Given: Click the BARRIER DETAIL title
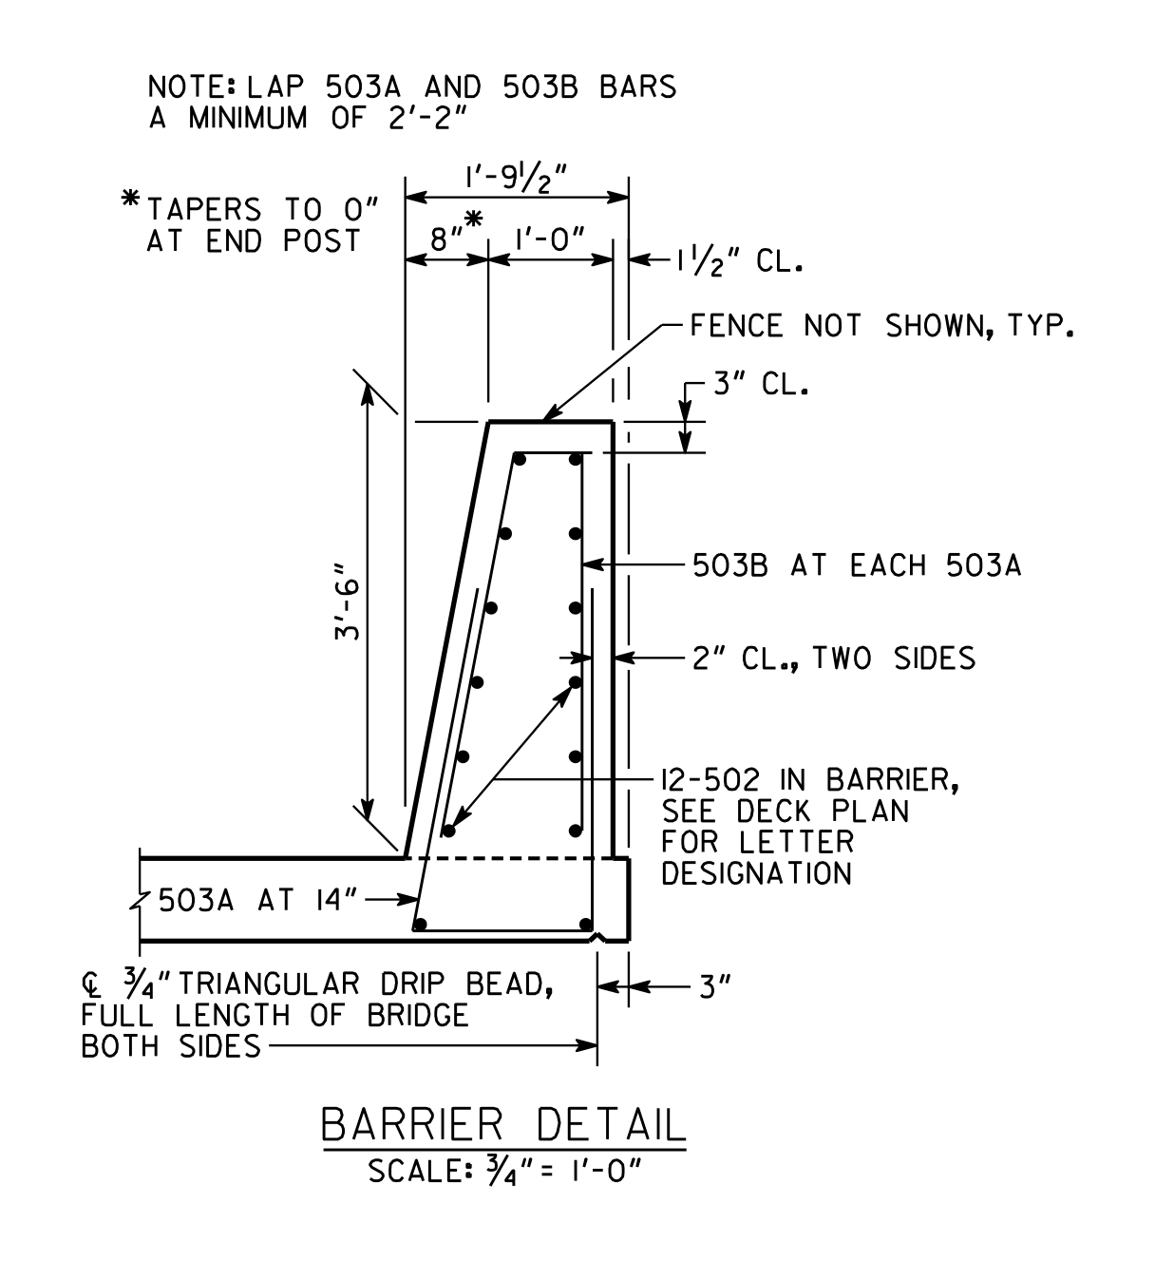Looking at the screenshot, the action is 503,1124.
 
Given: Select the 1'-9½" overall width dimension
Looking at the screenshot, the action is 516,179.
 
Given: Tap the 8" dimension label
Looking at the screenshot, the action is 446,239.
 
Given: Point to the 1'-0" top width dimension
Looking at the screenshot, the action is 551,239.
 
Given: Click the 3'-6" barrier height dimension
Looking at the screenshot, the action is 347,601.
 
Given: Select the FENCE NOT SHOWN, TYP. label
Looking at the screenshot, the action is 881,326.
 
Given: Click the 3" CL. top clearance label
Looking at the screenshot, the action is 761,384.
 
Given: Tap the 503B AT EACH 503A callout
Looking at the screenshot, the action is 857,565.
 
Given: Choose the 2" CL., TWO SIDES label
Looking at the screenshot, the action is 834,659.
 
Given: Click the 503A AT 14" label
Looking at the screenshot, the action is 257,900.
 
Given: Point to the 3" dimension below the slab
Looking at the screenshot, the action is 716,987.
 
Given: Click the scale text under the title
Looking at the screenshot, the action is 504,1171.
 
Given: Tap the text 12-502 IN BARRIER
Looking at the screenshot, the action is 809,780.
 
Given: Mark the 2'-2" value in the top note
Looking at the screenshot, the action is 428,118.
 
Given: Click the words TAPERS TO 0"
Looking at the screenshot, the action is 263,209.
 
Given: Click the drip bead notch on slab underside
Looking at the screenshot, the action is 597,939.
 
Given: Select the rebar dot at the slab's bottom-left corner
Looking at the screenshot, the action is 421,924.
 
